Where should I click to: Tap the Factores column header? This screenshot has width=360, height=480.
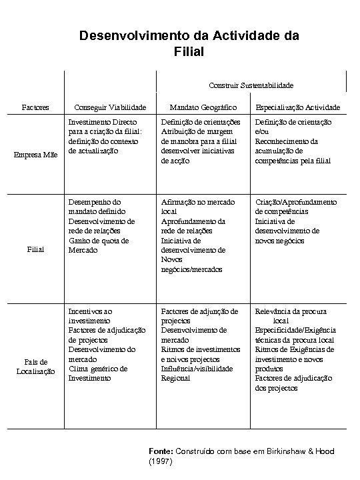(x=34, y=107)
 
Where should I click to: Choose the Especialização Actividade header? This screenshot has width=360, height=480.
(x=298, y=107)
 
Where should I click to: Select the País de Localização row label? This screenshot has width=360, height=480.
(x=35, y=367)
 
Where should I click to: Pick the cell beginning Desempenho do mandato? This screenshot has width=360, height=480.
(x=106, y=226)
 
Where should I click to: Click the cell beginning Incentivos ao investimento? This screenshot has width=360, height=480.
(x=107, y=344)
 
